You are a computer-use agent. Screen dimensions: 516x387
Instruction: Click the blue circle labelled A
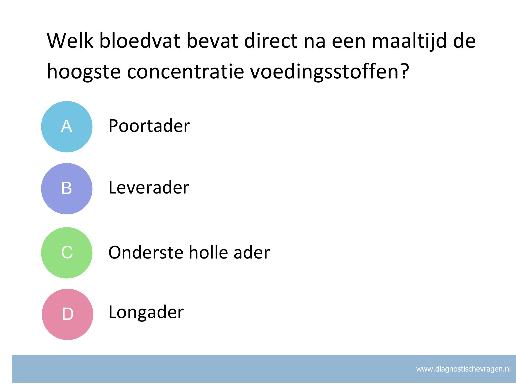pyautogui.click(x=67, y=127)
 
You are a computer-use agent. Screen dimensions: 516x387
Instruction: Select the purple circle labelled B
pyautogui.click(x=67, y=189)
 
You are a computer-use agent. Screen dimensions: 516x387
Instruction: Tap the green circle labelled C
pyautogui.click(x=67, y=253)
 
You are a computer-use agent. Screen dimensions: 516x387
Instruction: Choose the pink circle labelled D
pyautogui.click(x=67, y=314)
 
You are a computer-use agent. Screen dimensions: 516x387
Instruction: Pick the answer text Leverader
pyautogui.click(x=149, y=187)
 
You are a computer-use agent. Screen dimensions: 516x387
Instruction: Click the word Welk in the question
pyautogui.click(x=70, y=41)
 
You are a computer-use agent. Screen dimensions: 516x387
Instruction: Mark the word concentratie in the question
pyautogui.click(x=185, y=71)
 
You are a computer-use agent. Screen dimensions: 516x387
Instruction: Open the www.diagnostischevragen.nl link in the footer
pyautogui.click(x=463, y=369)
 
